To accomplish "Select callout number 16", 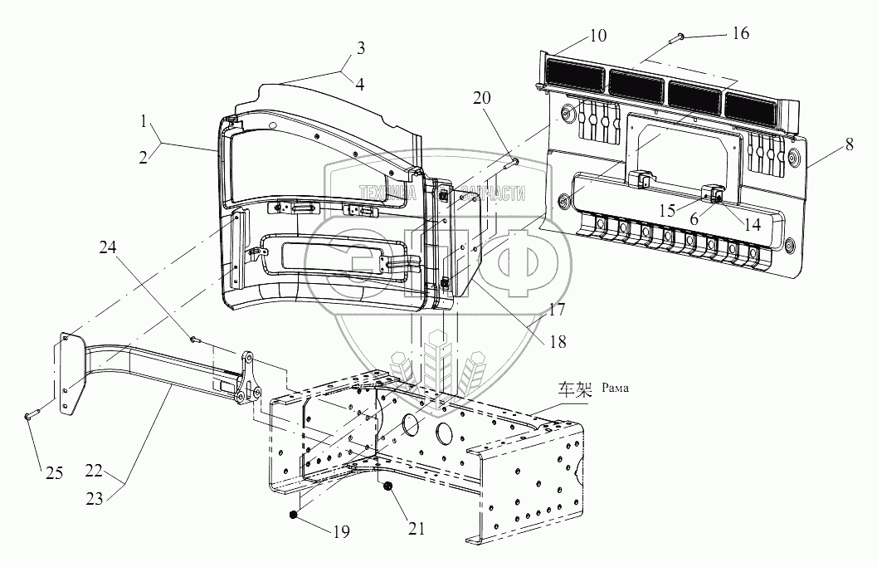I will (x=740, y=33).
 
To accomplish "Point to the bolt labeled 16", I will (x=675, y=36).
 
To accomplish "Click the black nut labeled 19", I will (x=293, y=516).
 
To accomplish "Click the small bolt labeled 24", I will (x=193, y=339).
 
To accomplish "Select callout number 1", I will (x=146, y=121).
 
